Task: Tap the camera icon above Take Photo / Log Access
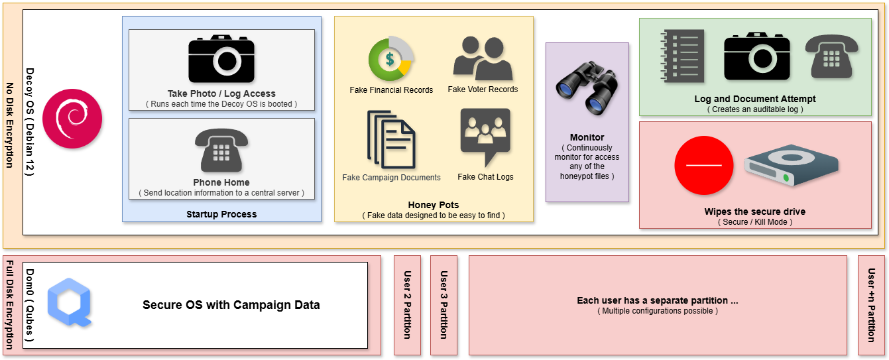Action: pyautogui.click(x=221, y=59)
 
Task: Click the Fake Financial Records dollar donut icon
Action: pyautogui.click(x=391, y=59)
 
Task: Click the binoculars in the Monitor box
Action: pyautogui.click(x=586, y=88)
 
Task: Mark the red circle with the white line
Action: pyautogui.click(x=703, y=164)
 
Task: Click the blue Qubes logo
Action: pyautogui.click(x=70, y=303)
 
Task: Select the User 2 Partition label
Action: pyautogui.click(x=407, y=305)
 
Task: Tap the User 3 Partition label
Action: pyautogui.click(x=444, y=305)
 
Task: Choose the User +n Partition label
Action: pyautogui.click(x=871, y=305)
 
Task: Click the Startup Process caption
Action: pyautogui.click(x=221, y=214)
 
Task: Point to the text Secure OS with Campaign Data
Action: pyautogui.click(x=231, y=305)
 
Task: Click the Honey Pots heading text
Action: pyautogui.click(x=434, y=205)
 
